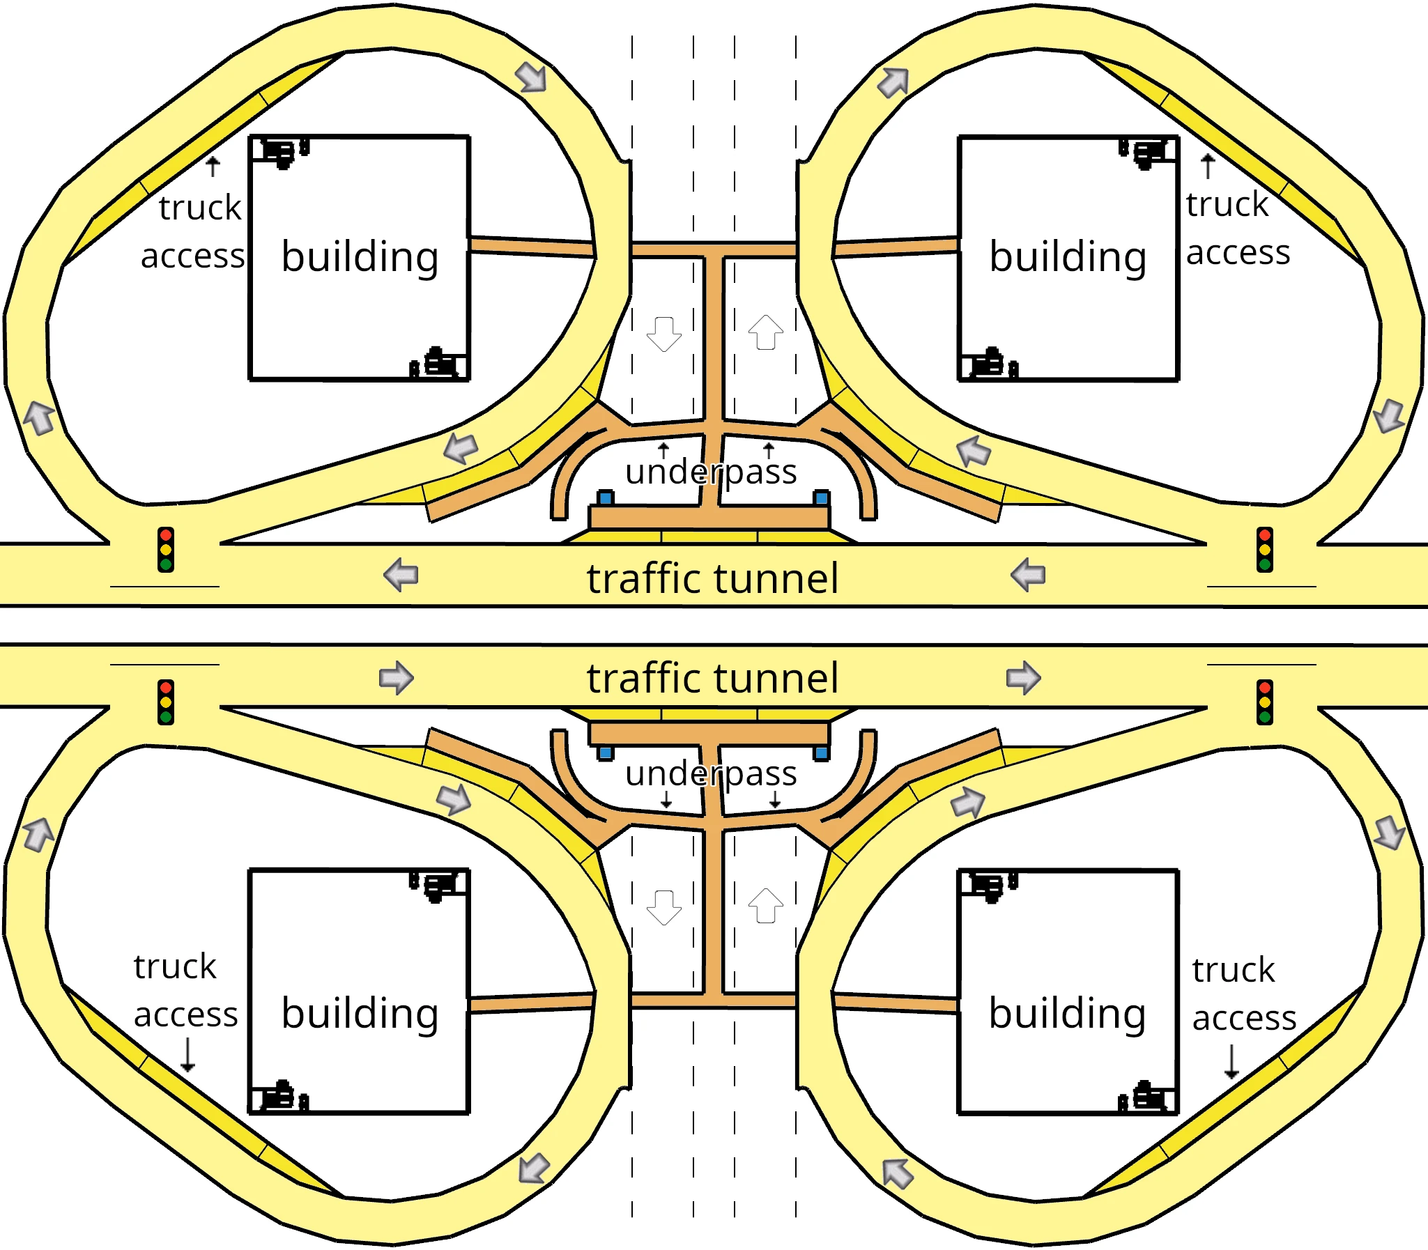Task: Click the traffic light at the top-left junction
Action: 165,550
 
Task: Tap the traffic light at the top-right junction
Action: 1264,550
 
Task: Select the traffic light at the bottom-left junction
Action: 165,702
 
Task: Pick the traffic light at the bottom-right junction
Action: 1264,702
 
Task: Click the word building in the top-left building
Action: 360,256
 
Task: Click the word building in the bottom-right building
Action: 1067,1013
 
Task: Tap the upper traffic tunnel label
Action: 712,578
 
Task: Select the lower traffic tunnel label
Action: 712,678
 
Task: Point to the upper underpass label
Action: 710,472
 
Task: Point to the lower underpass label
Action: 710,773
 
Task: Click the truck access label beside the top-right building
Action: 1237,228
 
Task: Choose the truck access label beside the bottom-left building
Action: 185,991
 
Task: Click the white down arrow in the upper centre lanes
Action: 663,334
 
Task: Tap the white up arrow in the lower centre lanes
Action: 765,905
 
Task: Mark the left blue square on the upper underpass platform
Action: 606,498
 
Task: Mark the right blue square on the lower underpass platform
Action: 821,753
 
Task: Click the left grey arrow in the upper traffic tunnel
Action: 401,575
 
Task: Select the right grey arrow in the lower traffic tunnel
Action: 1023,677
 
